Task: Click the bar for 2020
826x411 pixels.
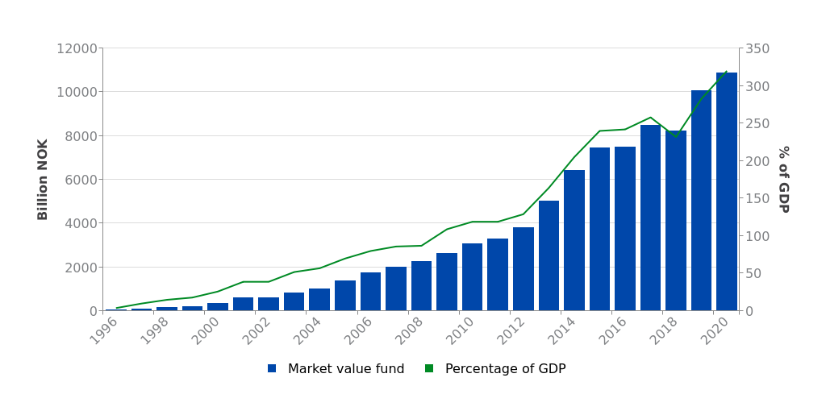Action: (727, 192)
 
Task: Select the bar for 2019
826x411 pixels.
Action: (701, 201)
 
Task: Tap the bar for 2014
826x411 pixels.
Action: (574, 240)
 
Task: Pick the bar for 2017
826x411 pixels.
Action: (650, 218)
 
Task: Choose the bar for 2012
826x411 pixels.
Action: (524, 268)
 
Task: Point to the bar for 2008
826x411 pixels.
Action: (421, 285)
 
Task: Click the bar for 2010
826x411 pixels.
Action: (473, 276)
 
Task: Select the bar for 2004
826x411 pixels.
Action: (319, 299)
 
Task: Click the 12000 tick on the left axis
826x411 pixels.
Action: (77, 48)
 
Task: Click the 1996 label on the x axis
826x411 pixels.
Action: (106, 330)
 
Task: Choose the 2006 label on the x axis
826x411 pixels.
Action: (360, 330)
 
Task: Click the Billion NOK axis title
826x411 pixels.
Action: (44, 179)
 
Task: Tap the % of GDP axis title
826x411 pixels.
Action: (783, 179)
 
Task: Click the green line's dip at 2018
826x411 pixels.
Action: (676, 137)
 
